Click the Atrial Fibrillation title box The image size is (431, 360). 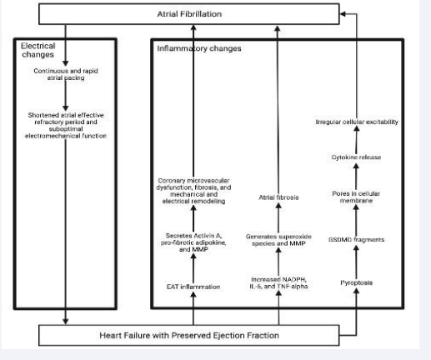pyautogui.click(x=189, y=14)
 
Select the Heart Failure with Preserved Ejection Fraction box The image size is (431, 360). pyautogui.click(x=189, y=335)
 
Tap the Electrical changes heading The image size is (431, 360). pyautogui.click(x=38, y=50)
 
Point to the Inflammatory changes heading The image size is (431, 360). pyautogui.click(x=199, y=48)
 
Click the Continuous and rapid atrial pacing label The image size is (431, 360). pyautogui.click(x=66, y=74)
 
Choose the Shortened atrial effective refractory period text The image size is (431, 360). pyautogui.click(x=66, y=125)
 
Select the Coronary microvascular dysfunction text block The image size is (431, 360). pyautogui.click(x=193, y=191)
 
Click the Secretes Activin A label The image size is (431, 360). pyautogui.click(x=193, y=242)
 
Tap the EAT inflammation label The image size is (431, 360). pyautogui.click(x=193, y=287)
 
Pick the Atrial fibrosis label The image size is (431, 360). pyautogui.click(x=278, y=197)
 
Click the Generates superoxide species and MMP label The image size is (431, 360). pyautogui.click(x=278, y=240)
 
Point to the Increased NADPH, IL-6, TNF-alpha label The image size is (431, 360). pyautogui.click(x=278, y=282)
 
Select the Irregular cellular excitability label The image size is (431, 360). pyautogui.click(x=357, y=122)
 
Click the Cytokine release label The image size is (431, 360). pyautogui.click(x=356, y=157)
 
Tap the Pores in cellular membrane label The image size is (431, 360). pyautogui.click(x=356, y=197)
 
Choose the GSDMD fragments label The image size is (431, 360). pyautogui.click(x=356, y=239)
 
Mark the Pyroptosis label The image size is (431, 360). pyautogui.click(x=356, y=282)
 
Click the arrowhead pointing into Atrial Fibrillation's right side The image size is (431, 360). pyautogui.click(x=343, y=14)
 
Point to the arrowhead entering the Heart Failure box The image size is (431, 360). pyautogui.click(x=66, y=322)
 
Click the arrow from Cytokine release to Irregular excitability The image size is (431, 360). pyautogui.click(x=357, y=139)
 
